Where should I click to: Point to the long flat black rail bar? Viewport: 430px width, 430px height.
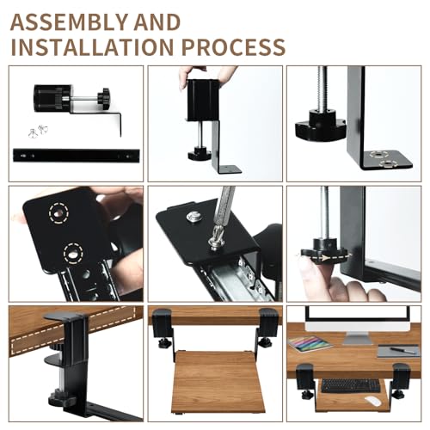(72, 156)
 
